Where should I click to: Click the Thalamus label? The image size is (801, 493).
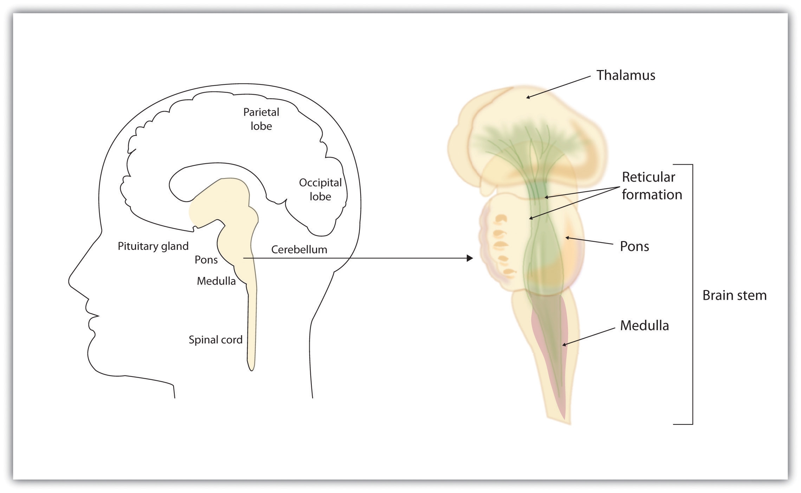(x=626, y=75)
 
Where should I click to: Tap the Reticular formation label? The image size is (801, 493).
(x=652, y=186)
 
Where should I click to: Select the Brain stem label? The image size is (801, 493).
(x=734, y=295)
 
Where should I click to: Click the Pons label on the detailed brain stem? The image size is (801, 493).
(x=634, y=246)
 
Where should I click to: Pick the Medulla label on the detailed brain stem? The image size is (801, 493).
(x=644, y=325)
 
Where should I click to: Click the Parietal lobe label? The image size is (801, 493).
(x=261, y=119)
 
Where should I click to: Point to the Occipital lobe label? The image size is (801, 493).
(x=320, y=189)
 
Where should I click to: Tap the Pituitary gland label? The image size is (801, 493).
(x=153, y=246)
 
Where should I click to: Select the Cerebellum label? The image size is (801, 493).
(x=299, y=249)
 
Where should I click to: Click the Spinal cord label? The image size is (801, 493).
(x=215, y=340)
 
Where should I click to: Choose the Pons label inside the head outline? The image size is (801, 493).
(x=206, y=260)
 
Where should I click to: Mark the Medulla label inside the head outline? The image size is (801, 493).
(x=216, y=281)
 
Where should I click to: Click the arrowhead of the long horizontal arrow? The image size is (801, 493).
(x=470, y=258)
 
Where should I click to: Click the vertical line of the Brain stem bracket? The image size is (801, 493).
(x=692, y=294)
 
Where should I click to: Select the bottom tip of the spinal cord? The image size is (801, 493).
(x=251, y=370)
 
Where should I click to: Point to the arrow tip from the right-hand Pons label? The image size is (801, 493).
(x=566, y=238)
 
